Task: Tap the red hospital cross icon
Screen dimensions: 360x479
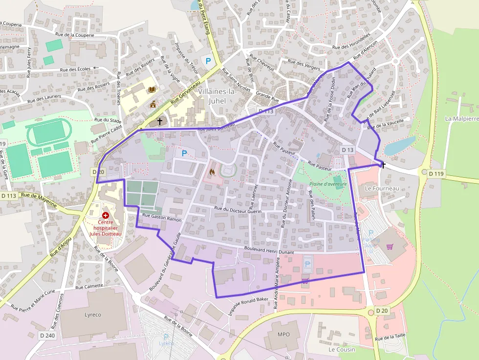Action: [x=105, y=215]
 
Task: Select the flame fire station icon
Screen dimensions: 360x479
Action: [x=212, y=172]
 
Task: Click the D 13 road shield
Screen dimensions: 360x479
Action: [x=348, y=149]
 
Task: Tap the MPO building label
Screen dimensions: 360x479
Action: [x=283, y=335]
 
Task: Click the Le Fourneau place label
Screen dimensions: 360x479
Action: [x=382, y=188]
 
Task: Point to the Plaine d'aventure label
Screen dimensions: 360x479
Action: [x=328, y=184]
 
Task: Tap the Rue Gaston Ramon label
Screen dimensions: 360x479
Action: [x=162, y=217]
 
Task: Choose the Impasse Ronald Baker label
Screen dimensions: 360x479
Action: [x=249, y=306]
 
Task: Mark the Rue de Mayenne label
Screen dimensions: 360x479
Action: [x=39, y=201]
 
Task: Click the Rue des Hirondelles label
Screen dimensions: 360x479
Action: [x=351, y=43]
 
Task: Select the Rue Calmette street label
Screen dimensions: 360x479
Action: [x=89, y=286]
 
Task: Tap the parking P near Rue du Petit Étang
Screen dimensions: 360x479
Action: [x=209, y=61]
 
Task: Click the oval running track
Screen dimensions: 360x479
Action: [x=48, y=132]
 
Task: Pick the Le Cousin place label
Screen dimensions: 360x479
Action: [x=342, y=349]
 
